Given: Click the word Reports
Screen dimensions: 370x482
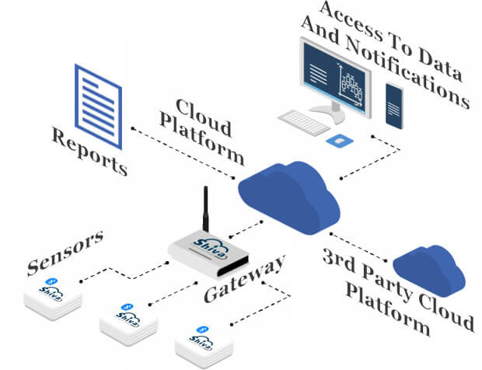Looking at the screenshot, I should pyautogui.click(x=89, y=152).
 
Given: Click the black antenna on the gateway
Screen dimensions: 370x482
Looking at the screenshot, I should pyautogui.click(x=206, y=213).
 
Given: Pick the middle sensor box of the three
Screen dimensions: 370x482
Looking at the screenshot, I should pyautogui.click(x=129, y=318).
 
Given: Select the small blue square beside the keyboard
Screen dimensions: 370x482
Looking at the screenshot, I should pyautogui.click(x=337, y=141).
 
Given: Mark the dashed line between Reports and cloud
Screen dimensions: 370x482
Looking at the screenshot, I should pyautogui.click(x=183, y=152).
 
